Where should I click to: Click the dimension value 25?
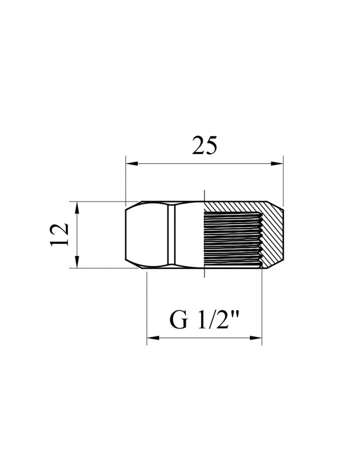point(205,146)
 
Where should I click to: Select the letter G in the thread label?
point(177,321)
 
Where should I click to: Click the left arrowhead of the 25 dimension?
point(130,163)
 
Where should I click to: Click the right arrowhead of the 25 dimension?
point(279,163)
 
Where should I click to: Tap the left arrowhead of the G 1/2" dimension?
point(151,338)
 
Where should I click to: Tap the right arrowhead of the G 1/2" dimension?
point(257,338)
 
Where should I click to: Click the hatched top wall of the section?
point(233,206)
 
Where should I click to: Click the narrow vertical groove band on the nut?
point(171,235)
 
